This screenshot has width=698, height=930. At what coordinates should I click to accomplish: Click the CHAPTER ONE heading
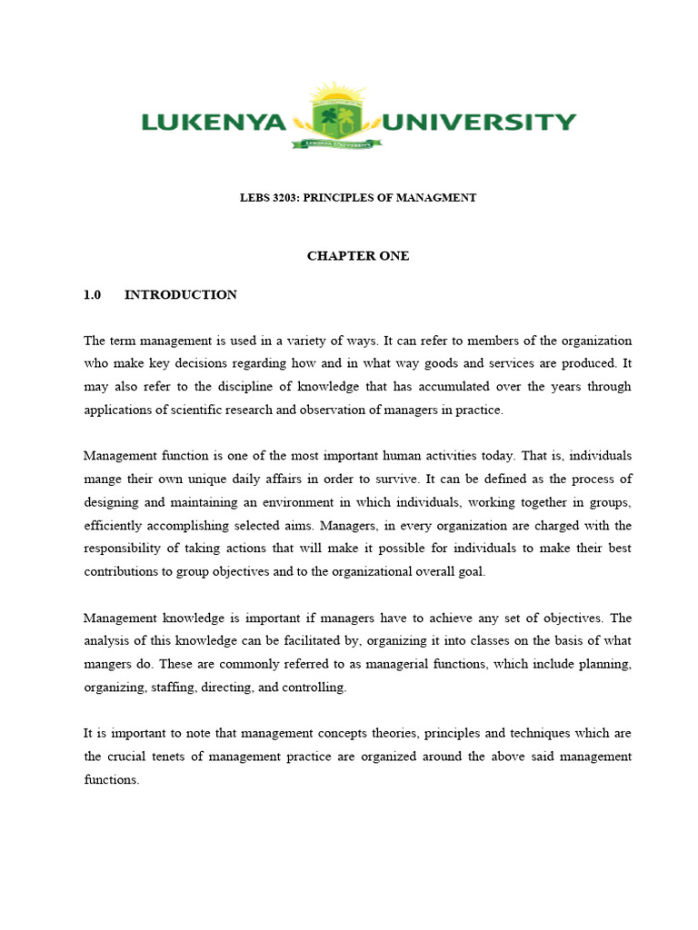(x=358, y=256)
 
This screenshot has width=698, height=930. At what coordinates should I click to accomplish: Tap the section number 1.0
(x=91, y=294)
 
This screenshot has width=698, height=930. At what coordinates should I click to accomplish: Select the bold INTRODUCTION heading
(x=181, y=294)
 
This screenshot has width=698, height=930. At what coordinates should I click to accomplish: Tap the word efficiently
(x=115, y=525)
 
